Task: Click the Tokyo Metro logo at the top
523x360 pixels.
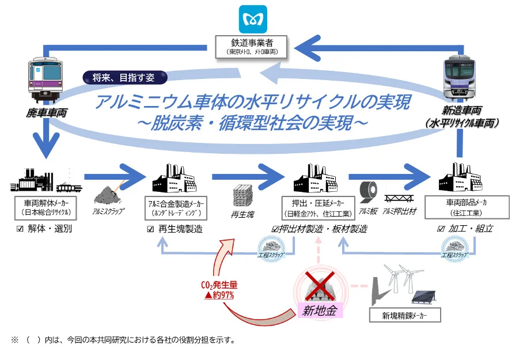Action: (x=253, y=19)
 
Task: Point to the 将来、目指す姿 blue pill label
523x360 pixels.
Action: (x=124, y=77)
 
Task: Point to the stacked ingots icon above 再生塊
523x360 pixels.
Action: (x=243, y=195)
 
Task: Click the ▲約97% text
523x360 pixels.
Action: (x=217, y=294)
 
